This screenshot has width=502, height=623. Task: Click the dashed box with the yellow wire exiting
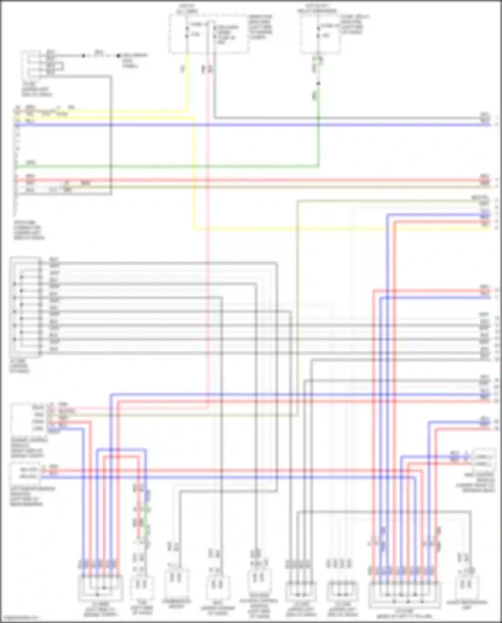click(x=208, y=34)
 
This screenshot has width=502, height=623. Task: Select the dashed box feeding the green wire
click(x=320, y=34)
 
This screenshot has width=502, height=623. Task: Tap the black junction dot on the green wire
click(x=318, y=83)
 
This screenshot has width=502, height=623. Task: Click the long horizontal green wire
click(x=167, y=166)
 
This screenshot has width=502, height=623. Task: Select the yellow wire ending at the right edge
click(x=335, y=229)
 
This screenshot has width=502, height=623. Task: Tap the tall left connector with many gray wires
click(x=25, y=306)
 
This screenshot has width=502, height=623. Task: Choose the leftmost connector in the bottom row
click(x=100, y=588)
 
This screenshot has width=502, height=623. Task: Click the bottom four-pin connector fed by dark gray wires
click(x=300, y=591)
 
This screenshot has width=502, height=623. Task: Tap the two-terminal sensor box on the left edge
click(x=25, y=473)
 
